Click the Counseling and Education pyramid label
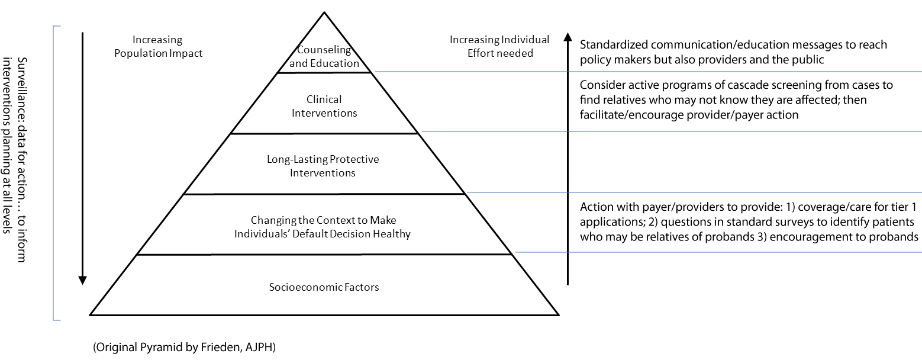(x=324, y=57)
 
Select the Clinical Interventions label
(x=324, y=106)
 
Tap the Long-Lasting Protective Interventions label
(x=323, y=166)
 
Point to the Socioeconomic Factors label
(x=324, y=287)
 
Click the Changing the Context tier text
(x=323, y=227)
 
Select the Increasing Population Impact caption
(x=158, y=47)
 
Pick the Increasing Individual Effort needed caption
(x=499, y=47)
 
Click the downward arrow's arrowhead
(x=83, y=280)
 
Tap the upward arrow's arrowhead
(x=568, y=37)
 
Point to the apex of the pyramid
(x=324, y=12)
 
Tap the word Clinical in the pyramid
(x=324, y=99)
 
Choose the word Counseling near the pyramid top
(x=324, y=50)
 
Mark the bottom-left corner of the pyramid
(x=91, y=314)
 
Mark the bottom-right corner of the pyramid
(x=558, y=314)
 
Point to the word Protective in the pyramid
(x=354, y=160)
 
